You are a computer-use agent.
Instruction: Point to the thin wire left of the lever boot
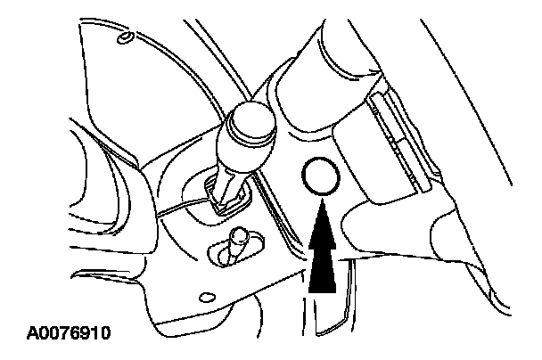point(183,207)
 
